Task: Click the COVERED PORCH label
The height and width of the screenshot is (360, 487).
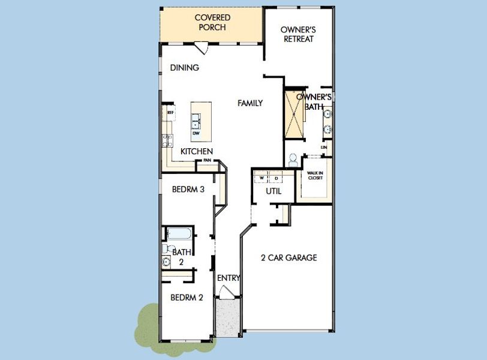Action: pos(212,22)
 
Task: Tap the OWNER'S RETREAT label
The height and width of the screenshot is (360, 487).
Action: pos(298,34)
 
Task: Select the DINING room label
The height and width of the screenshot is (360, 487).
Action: pos(184,68)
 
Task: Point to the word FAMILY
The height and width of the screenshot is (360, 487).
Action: pos(250,103)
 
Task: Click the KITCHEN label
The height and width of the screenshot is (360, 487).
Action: pos(197,152)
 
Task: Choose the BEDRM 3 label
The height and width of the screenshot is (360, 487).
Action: pos(188,189)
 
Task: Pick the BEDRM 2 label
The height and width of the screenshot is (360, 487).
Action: pos(187,297)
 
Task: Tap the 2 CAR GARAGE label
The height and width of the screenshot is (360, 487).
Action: pos(288,258)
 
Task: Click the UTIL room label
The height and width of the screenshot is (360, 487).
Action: pos(273,192)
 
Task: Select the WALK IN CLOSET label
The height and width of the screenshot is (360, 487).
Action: pos(315,175)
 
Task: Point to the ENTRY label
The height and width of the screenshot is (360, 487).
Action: pos(229,278)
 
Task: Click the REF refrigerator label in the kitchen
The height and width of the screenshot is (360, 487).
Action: pos(170,112)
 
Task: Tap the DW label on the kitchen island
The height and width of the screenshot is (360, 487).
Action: pos(196,133)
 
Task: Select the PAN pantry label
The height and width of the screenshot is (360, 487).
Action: pos(207,160)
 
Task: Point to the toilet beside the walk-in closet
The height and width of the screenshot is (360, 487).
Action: pos(293,160)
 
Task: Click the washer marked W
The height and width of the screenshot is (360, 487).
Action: pos(263,178)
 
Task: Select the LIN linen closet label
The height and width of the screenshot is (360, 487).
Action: pos(324,147)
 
